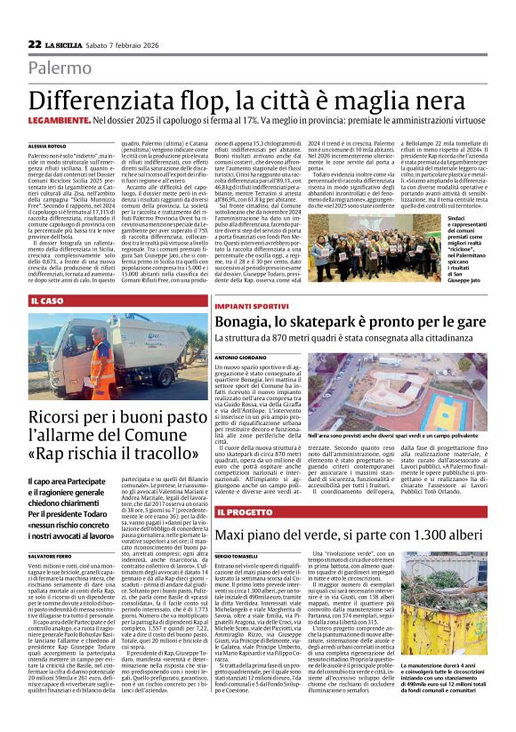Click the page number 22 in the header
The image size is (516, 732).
point(35,44)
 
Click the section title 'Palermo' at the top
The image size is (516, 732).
point(84,68)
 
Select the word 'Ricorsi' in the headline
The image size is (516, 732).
point(60,419)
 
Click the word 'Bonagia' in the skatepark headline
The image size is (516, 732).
point(254,322)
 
